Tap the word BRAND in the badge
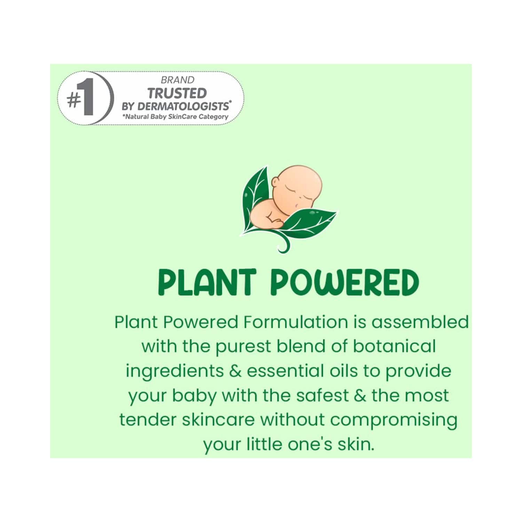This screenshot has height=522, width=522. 177,80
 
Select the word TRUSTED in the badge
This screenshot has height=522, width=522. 177,93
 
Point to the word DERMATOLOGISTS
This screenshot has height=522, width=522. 184,106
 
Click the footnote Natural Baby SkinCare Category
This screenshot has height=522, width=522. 175,117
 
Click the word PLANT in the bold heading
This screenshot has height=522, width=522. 207,282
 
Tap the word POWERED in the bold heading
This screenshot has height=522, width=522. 345,282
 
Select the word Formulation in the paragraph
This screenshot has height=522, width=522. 295,322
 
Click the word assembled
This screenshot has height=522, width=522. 420,322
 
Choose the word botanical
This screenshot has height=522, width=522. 394,346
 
